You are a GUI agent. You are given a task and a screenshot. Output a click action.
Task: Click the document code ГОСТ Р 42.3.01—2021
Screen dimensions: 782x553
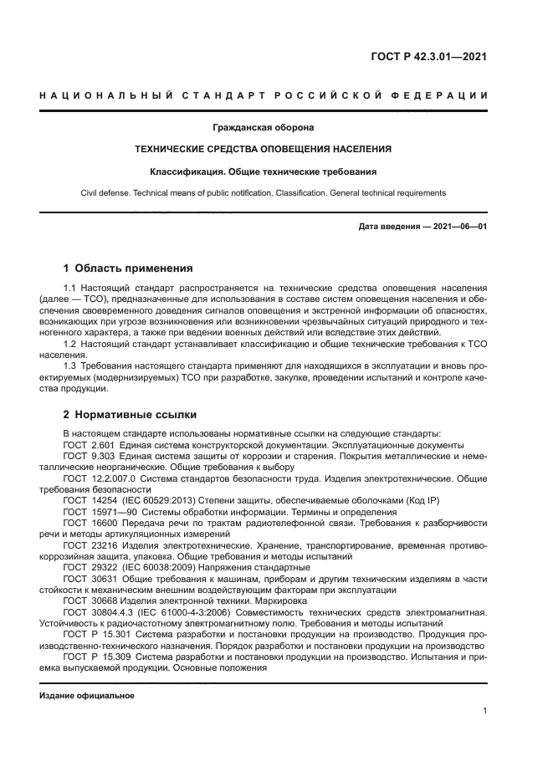point(428,57)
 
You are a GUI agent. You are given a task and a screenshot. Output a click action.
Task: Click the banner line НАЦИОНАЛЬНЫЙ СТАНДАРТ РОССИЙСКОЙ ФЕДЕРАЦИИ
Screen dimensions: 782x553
point(264,95)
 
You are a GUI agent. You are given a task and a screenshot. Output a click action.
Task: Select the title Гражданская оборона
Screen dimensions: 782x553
point(263,128)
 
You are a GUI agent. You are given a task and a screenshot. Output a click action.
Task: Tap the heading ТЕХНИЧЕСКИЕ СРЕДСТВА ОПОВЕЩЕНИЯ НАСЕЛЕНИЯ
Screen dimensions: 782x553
point(263,150)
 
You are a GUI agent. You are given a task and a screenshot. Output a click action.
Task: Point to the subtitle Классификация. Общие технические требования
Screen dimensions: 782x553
point(263,171)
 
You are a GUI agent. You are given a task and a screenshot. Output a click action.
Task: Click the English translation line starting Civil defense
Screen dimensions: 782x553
point(263,193)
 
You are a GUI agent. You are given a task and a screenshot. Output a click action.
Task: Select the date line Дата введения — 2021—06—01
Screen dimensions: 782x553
point(422,227)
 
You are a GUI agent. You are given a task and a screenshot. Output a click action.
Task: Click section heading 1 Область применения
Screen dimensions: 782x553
point(128,268)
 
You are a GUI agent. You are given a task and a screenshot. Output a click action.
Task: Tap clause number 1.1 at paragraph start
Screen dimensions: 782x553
point(70,289)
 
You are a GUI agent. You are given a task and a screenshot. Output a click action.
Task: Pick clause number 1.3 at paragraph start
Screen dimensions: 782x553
point(70,365)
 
